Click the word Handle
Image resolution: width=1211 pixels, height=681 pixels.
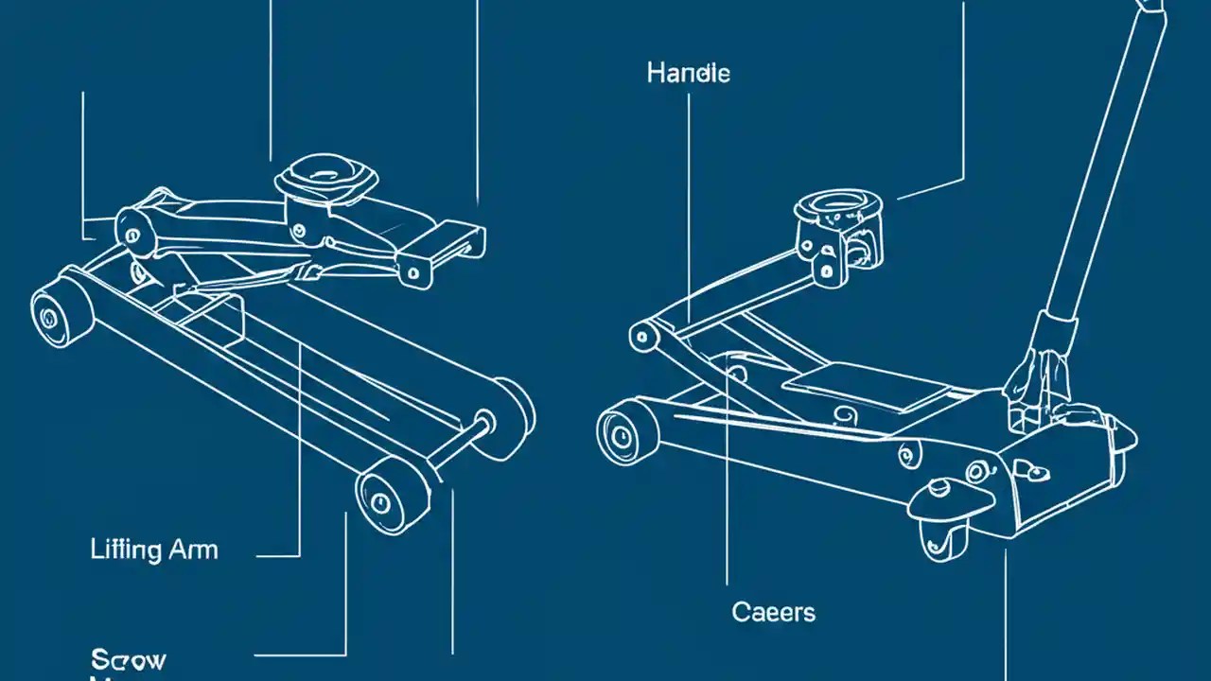[x=688, y=73]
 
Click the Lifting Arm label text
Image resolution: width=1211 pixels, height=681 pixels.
[x=154, y=550]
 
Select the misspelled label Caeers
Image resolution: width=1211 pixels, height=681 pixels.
[x=773, y=612]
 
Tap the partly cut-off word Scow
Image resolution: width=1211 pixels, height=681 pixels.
[x=129, y=659]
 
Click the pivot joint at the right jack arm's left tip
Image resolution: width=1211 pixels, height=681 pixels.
[x=643, y=336]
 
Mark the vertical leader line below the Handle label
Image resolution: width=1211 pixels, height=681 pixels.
[x=688, y=189]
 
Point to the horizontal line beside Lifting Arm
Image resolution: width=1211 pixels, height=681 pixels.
[x=278, y=556]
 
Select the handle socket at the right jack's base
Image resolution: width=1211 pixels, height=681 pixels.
[x=1041, y=359]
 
